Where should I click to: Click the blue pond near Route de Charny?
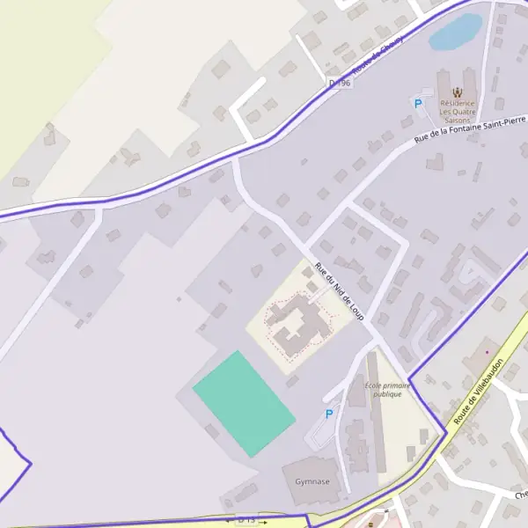pyautogui.click(x=455, y=33)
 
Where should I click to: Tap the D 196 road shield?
pyautogui.click(x=339, y=83)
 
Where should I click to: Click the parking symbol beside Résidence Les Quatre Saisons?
pyautogui.click(x=418, y=104)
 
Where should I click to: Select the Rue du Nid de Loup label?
pyautogui.click(x=339, y=290)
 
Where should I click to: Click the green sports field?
pyautogui.click(x=244, y=403)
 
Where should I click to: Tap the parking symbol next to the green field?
pyautogui.click(x=329, y=414)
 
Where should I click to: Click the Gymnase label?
pyautogui.click(x=312, y=481)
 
